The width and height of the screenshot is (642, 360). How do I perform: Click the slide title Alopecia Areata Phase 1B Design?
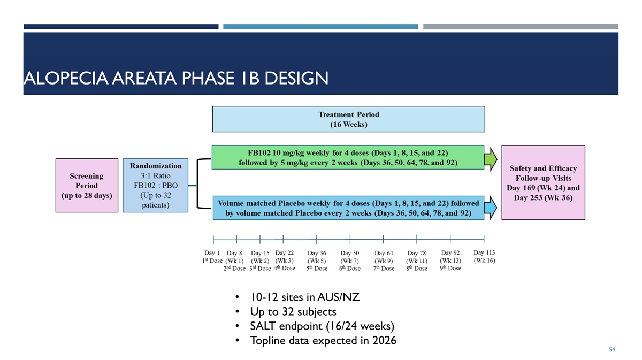coord(176,78)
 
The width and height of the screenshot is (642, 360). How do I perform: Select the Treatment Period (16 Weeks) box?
coord(348,119)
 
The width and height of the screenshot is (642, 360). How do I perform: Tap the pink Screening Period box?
coord(87,186)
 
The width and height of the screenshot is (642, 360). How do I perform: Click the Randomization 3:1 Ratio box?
coord(155,186)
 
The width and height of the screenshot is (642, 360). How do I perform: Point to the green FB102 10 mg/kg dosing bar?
coord(348,158)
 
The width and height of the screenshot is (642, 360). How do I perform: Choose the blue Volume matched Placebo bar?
coord(348,208)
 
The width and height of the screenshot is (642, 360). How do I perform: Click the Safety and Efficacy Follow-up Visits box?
coord(543,183)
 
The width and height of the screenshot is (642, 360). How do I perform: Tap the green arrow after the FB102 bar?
coord(491,159)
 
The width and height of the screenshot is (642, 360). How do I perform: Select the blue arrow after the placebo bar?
coord(491,208)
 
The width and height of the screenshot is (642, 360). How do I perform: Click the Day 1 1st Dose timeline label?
coord(212,257)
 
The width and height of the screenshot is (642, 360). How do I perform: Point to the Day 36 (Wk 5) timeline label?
coord(317,261)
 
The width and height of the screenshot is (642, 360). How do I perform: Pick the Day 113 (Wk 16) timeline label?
coord(484,256)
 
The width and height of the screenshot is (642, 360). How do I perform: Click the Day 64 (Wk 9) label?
coord(384,261)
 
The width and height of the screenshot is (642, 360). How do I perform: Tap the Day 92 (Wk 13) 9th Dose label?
coord(450,261)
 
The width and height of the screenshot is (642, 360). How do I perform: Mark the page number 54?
coord(612,349)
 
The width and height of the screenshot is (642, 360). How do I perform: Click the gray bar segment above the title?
coord(521,27)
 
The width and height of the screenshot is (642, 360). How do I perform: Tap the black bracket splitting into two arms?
coord(198,183)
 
